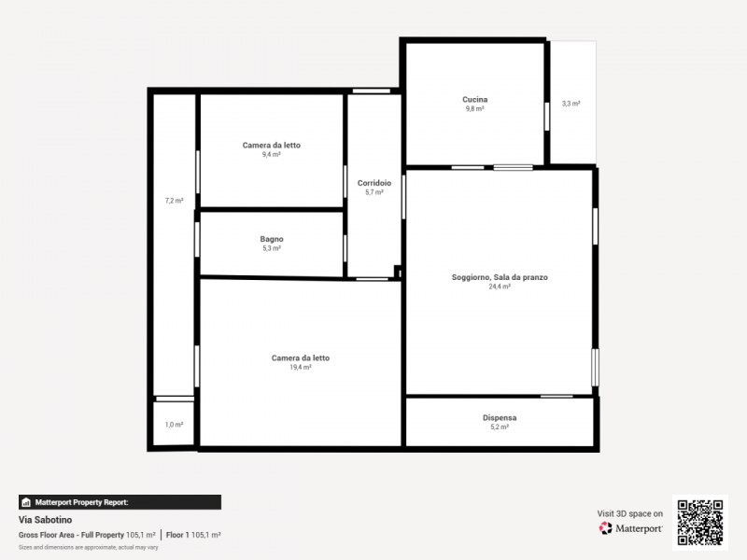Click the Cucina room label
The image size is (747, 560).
tap(475, 100)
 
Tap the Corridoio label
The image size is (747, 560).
tap(374, 183)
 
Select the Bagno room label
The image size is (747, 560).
tap(272, 239)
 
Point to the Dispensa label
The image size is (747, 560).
tap(500, 417)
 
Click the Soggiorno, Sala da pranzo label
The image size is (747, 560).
tap(500, 277)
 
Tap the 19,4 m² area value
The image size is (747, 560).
tap(301, 367)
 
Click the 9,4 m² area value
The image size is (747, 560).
tap(272, 154)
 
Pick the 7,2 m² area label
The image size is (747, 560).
tap(175, 201)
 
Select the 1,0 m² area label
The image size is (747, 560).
tap(175, 425)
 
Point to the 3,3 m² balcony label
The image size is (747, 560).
tap(571, 104)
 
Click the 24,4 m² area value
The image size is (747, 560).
tap(500, 287)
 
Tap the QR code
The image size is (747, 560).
tap(700, 523)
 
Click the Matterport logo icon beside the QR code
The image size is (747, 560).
tap(605, 528)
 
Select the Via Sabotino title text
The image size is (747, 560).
tap(45, 520)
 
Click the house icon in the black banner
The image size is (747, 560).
tap(26, 502)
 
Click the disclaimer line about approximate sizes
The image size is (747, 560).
tap(88, 547)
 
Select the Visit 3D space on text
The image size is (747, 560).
tap(629, 513)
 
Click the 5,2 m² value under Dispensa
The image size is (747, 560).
tap(500, 427)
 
